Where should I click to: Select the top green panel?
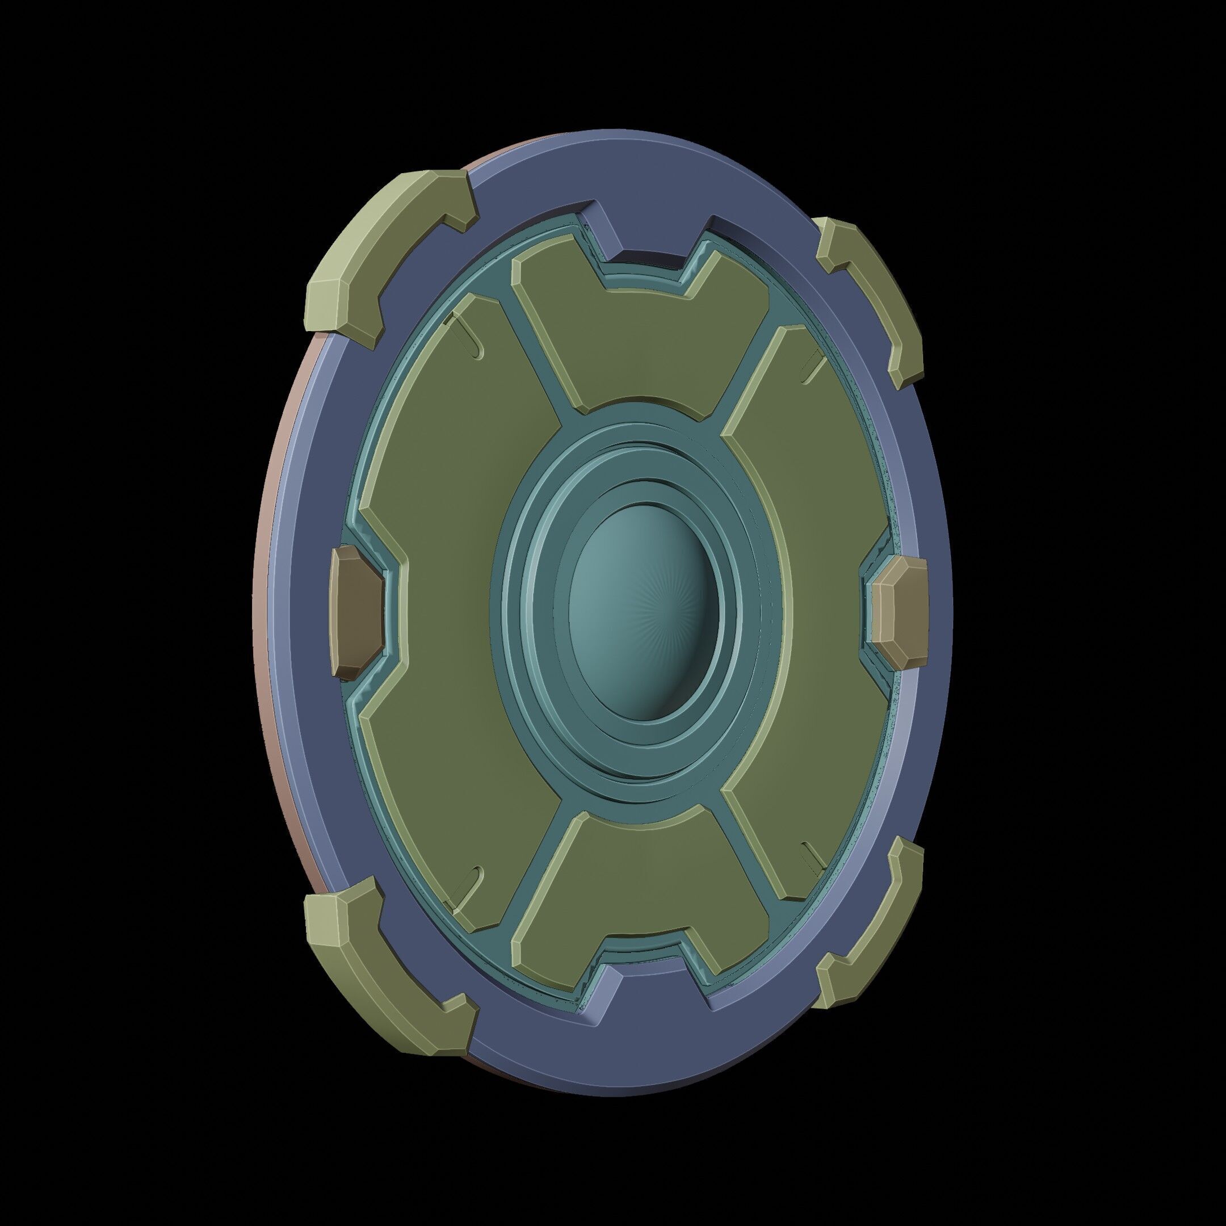[x=641, y=343]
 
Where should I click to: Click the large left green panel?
[x=444, y=609]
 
